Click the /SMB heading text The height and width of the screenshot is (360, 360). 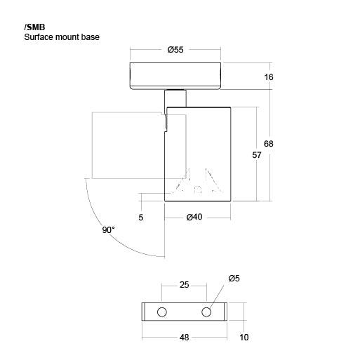pos(34,27)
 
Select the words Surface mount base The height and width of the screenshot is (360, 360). pos(62,37)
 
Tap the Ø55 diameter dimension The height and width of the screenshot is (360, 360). pos(175,50)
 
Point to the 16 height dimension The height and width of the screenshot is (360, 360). pos(269,77)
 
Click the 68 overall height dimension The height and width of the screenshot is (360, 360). pos(269,144)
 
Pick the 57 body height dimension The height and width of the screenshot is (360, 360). pos(257,155)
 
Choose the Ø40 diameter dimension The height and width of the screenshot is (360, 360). pos(194,217)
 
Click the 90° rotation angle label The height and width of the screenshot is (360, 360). pos(109,230)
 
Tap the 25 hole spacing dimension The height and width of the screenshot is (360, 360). pos(184,285)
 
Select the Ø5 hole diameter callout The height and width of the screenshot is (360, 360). pos(234,279)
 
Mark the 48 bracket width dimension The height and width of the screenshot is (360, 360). pos(184,338)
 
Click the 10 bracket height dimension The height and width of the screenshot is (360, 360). pos(244,338)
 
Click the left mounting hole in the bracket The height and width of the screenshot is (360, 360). pos(162,312)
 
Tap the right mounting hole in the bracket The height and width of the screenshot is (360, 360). pos(206,312)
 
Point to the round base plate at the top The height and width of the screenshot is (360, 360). pos(175,76)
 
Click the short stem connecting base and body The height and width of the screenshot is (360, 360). pos(175,98)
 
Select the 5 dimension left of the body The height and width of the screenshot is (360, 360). pos(140,218)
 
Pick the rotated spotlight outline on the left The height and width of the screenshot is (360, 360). pos(92,145)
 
